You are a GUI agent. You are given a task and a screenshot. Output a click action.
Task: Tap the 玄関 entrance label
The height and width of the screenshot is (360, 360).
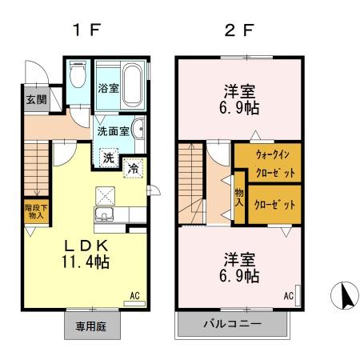pos(36,100)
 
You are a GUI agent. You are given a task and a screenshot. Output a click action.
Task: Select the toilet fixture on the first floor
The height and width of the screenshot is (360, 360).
pos(78,77)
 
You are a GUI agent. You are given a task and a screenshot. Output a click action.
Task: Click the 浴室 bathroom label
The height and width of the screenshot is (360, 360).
pos(109,88)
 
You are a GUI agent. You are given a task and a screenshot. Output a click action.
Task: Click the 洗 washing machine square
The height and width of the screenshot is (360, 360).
pos(108,158)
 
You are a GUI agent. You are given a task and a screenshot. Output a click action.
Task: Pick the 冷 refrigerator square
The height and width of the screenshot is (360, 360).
pos(134,168)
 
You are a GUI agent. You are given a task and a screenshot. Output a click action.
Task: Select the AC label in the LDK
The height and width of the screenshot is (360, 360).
pos(134,296)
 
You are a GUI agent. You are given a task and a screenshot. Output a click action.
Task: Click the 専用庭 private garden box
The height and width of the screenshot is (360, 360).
pos(91,326)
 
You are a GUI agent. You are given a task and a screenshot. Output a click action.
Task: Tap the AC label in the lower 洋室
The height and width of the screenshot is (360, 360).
pos(288,296)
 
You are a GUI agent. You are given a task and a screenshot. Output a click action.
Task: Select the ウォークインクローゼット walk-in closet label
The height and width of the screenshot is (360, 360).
pos(266,162)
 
